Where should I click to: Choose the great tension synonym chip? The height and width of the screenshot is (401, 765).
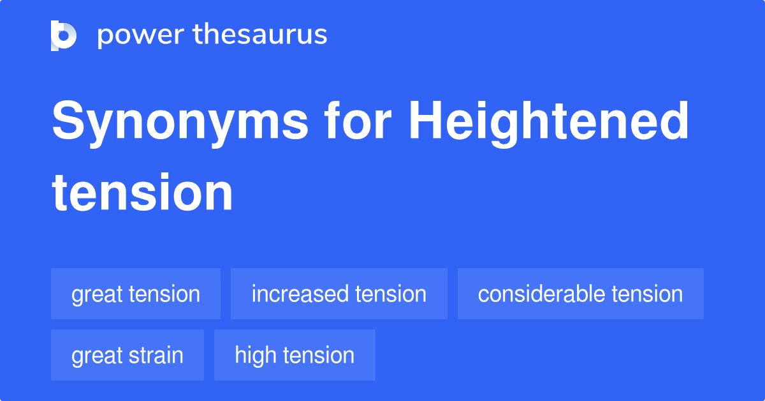(x=136, y=294)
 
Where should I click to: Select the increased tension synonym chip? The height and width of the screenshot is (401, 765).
(x=339, y=294)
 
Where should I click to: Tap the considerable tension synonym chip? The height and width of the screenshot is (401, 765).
(x=580, y=294)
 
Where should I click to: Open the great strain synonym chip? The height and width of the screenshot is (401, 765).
(x=127, y=355)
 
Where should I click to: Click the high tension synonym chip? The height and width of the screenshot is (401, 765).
(x=295, y=355)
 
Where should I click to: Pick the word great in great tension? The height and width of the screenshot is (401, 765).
(x=97, y=294)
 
